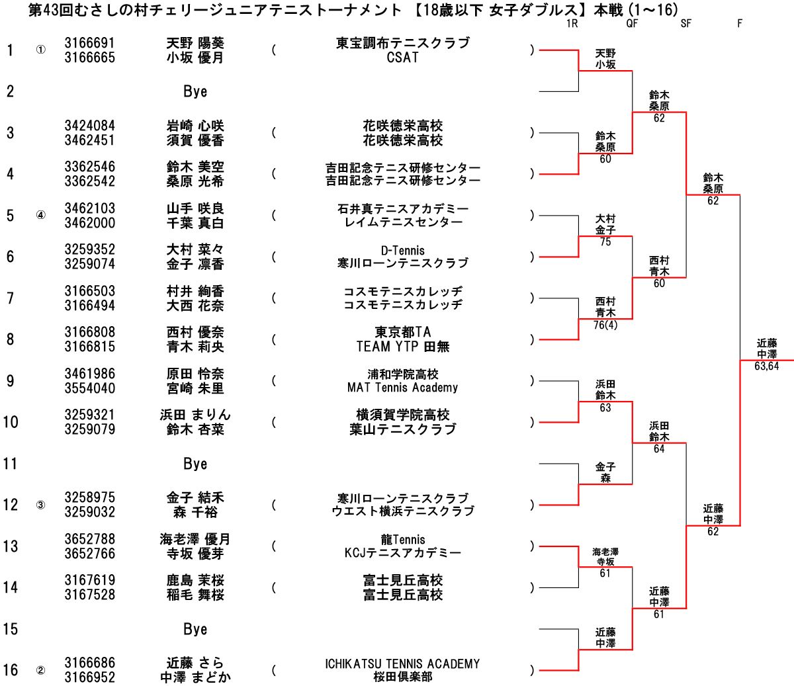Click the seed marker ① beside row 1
pos(41,50)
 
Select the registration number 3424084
pos(89,126)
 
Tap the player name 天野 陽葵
pos(195,43)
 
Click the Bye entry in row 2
pos(195,91)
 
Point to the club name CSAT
pos(402,58)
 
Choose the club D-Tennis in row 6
pos(402,250)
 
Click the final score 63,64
pos(766,366)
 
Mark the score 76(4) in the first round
pos(605,325)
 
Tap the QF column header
pos(632,24)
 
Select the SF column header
pos(685,24)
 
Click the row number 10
pos(11,422)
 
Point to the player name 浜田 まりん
pos(195,415)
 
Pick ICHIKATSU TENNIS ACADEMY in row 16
pos(402,664)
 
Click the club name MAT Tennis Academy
pos(402,388)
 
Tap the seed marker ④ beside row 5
pos(41,216)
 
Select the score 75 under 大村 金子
pos(605,242)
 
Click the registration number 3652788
pos(89,539)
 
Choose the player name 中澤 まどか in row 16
pos(195,677)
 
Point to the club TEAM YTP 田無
pos(402,347)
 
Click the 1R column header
pos(572,24)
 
